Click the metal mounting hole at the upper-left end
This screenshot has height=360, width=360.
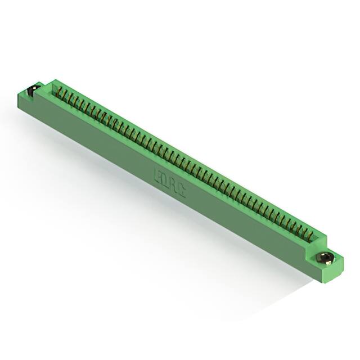point(33,90)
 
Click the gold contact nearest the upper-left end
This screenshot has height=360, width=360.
point(61,92)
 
